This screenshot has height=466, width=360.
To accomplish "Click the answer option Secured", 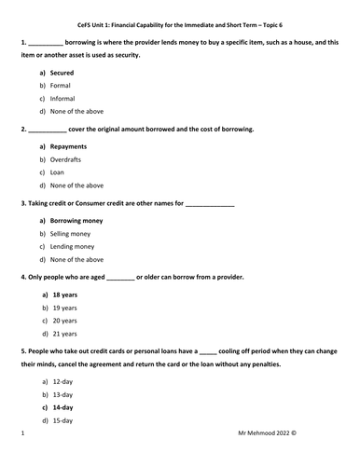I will pyautogui.click(x=62, y=72).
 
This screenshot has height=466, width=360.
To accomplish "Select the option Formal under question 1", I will pyautogui.click(x=61, y=85).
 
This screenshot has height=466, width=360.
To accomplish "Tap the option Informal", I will pyautogui.click(x=63, y=98).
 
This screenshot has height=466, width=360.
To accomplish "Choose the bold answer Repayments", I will pyautogui.click(x=68, y=146).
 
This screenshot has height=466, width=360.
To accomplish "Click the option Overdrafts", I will pyautogui.click(x=67, y=159).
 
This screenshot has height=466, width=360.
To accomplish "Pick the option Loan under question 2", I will pyautogui.click(x=58, y=172).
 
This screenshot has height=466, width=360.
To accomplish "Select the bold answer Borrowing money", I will pyautogui.click(x=76, y=221).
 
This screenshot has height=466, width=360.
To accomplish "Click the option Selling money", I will pyautogui.click(x=71, y=234).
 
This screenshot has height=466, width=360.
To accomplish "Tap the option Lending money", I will pyautogui.click(x=72, y=247).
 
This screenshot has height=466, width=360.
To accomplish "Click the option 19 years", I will pyautogui.click(x=63, y=308).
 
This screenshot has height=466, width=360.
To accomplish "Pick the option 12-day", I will pyautogui.click(x=62, y=382).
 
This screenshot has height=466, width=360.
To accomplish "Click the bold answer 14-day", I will pyautogui.click(x=62, y=408).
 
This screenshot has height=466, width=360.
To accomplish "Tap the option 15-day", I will pyautogui.click(x=62, y=421).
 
